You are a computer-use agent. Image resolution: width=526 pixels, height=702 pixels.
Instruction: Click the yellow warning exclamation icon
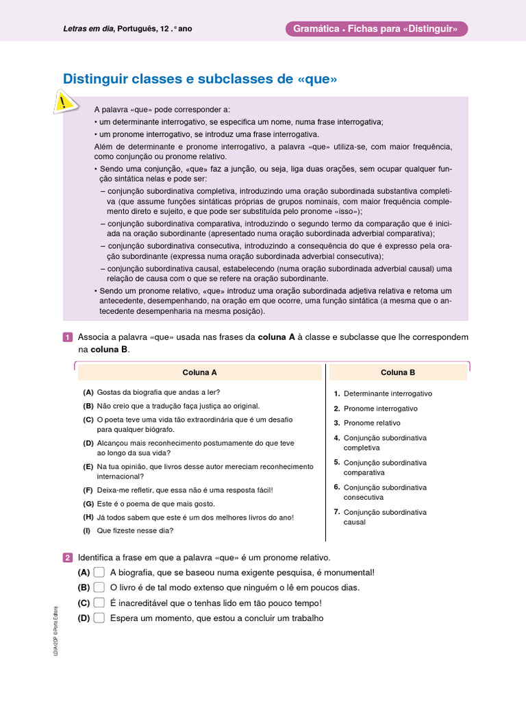point(63,103)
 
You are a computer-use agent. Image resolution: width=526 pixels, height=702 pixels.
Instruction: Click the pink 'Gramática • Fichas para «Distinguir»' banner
point(375,29)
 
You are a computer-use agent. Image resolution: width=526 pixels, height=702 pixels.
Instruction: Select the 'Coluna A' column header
point(199,372)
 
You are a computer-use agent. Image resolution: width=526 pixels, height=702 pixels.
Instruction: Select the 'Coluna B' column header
point(398,372)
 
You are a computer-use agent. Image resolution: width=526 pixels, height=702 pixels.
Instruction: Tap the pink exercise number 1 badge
point(67,337)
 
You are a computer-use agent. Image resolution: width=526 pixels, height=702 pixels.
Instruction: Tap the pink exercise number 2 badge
point(67,558)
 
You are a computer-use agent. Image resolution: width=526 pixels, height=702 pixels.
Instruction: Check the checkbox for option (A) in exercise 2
point(99,572)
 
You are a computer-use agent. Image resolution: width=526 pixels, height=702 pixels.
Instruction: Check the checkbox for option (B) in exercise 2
point(99,588)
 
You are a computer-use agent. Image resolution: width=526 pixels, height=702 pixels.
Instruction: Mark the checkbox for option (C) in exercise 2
point(99,603)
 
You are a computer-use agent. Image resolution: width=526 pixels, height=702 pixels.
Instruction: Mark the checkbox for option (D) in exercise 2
point(99,618)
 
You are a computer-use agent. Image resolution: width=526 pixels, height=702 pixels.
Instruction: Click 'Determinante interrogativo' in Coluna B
point(388,394)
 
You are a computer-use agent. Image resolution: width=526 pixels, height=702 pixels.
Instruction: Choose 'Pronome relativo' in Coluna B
point(372,423)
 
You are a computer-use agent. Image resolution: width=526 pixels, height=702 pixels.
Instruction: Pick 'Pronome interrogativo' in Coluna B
point(381,409)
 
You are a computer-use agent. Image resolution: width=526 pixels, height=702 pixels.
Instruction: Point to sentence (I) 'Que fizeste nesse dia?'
point(135,531)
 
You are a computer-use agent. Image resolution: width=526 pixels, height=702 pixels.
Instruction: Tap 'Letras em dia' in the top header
point(88,29)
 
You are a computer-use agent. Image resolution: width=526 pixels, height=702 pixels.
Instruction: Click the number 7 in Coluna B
point(337,511)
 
